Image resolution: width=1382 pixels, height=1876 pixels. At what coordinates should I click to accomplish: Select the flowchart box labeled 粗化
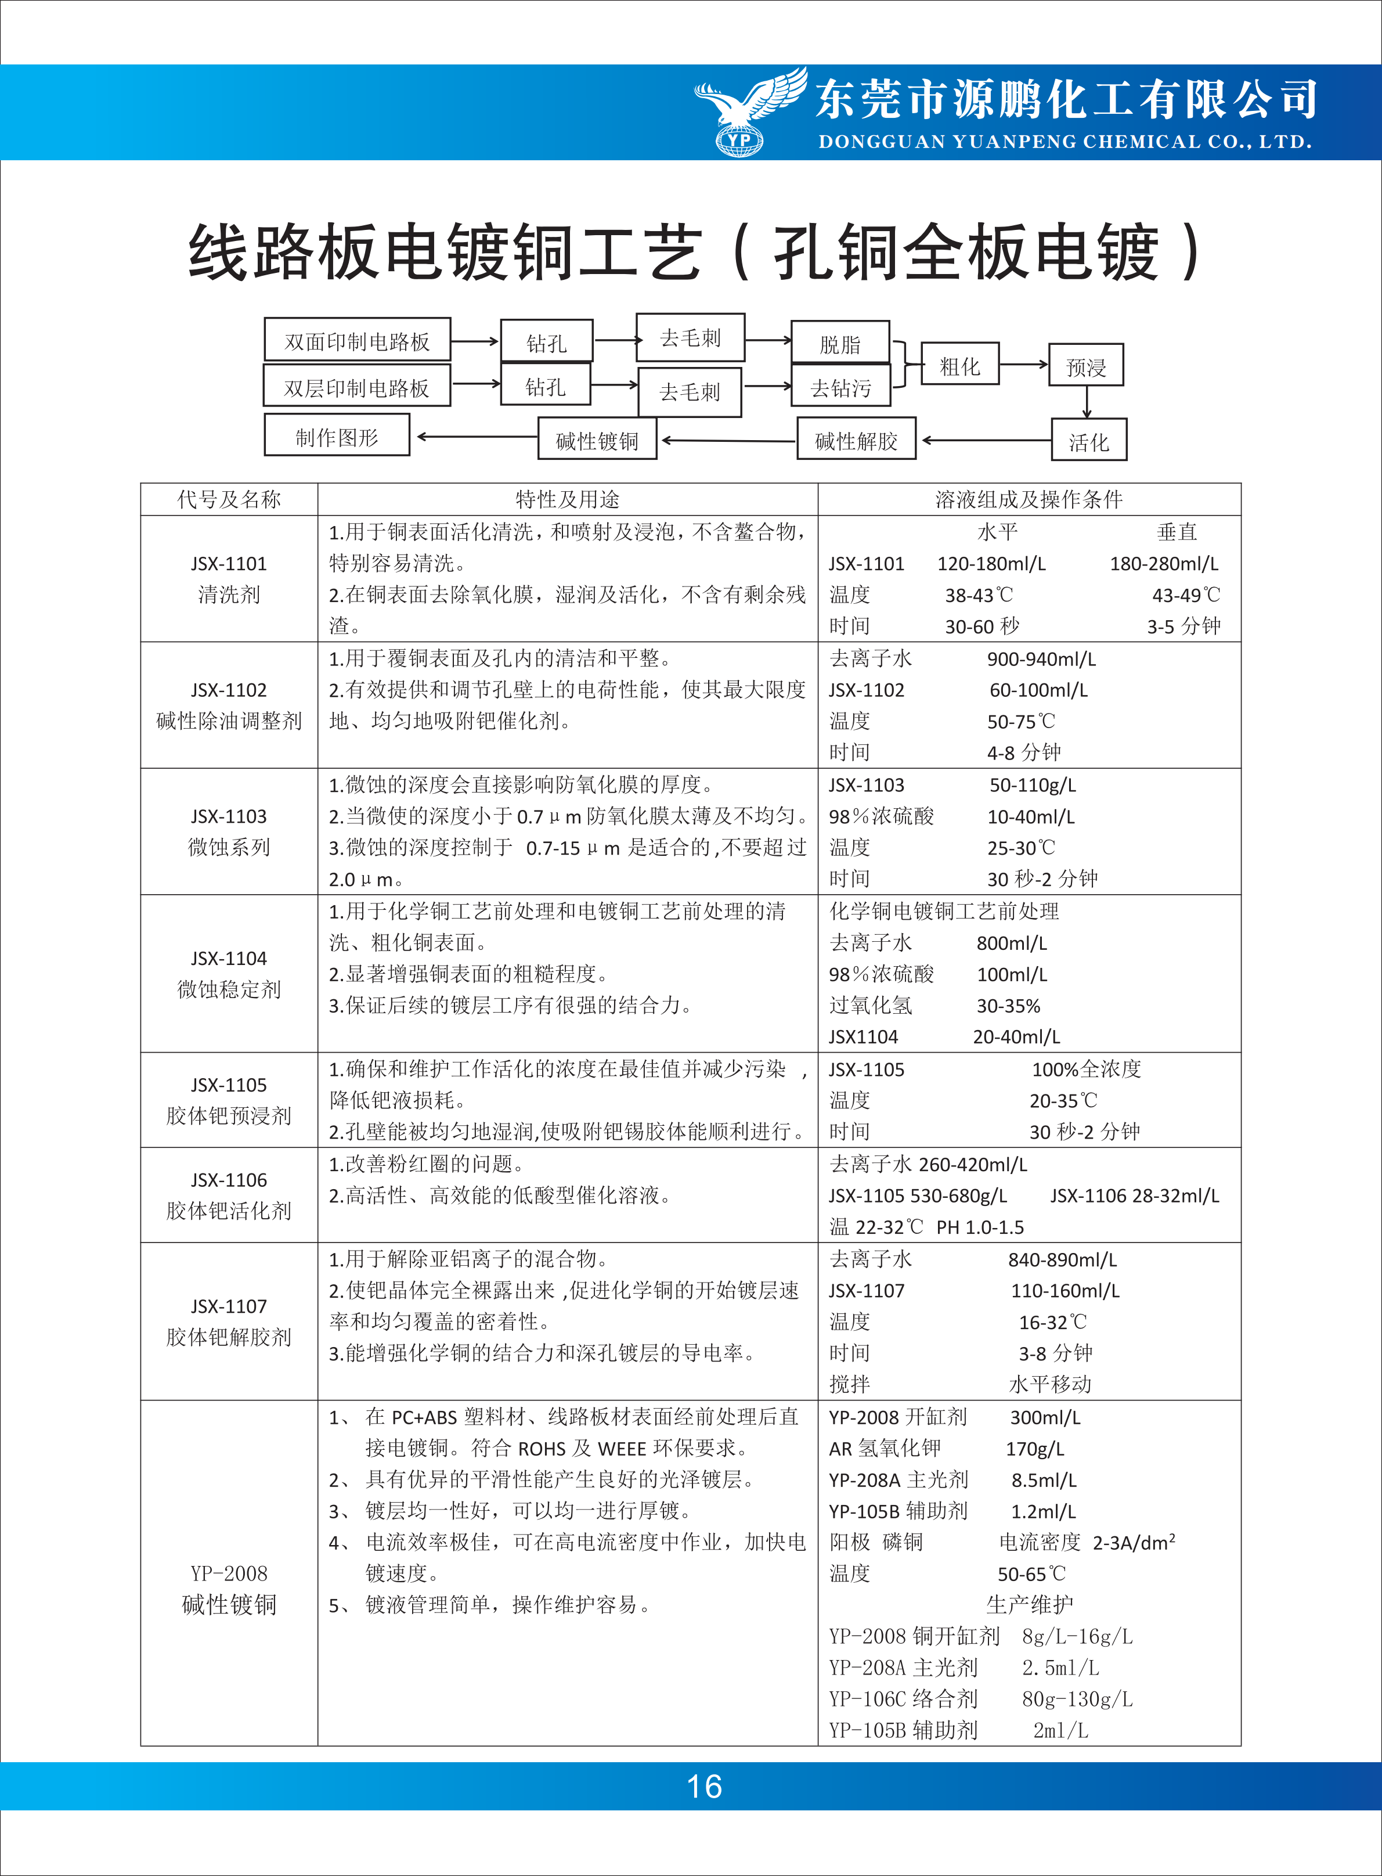(959, 364)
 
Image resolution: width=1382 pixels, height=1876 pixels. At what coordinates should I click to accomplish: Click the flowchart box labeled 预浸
(1086, 366)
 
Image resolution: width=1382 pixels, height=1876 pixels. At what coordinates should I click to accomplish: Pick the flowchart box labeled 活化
(1088, 440)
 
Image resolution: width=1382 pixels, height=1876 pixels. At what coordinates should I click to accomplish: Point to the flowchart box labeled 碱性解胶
(856, 440)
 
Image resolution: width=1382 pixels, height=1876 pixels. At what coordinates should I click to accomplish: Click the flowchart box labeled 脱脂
(840, 343)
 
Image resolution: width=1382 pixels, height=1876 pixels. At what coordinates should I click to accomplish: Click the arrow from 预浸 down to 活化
(1087, 402)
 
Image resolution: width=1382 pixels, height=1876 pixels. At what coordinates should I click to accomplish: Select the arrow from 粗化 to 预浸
(1024, 364)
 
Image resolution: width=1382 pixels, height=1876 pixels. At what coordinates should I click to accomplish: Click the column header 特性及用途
(567, 499)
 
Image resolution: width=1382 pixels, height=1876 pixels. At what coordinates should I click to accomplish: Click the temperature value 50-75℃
(1020, 721)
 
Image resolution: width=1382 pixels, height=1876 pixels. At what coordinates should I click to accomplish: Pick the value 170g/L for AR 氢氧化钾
(1035, 1449)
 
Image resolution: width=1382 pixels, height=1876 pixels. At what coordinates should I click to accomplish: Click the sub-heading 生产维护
(1029, 1604)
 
